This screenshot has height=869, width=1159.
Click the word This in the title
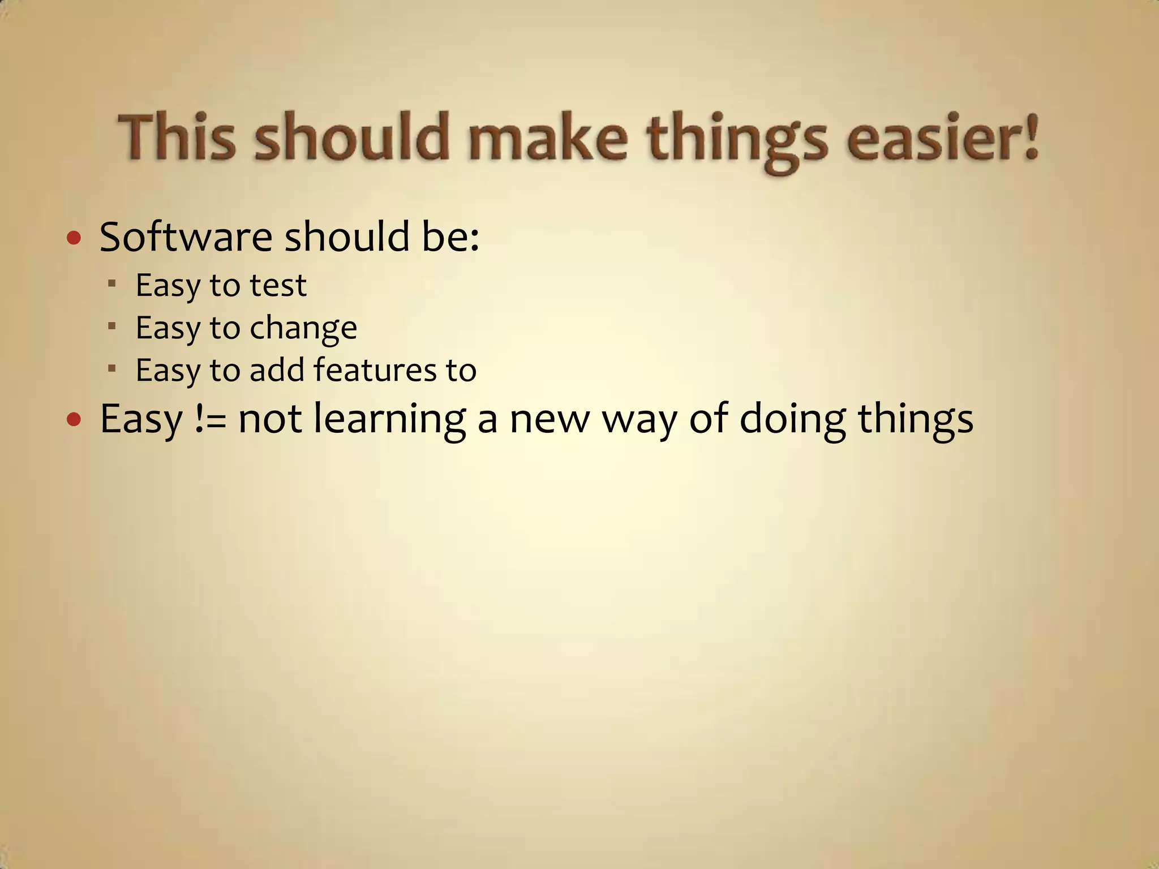tap(176, 137)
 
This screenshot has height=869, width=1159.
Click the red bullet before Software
tap(74, 238)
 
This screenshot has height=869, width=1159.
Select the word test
tap(278, 285)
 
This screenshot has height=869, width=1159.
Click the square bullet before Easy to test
tap(112, 282)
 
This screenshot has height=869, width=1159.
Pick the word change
tap(303, 328)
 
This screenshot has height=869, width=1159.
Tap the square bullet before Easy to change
tap(112, 325)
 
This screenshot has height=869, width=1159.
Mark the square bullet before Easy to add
tap(112, 368)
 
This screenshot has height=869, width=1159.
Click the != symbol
tap(210, 419)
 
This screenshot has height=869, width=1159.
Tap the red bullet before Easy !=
tap(74, 420)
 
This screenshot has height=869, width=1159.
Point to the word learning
tap(390, 420)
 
